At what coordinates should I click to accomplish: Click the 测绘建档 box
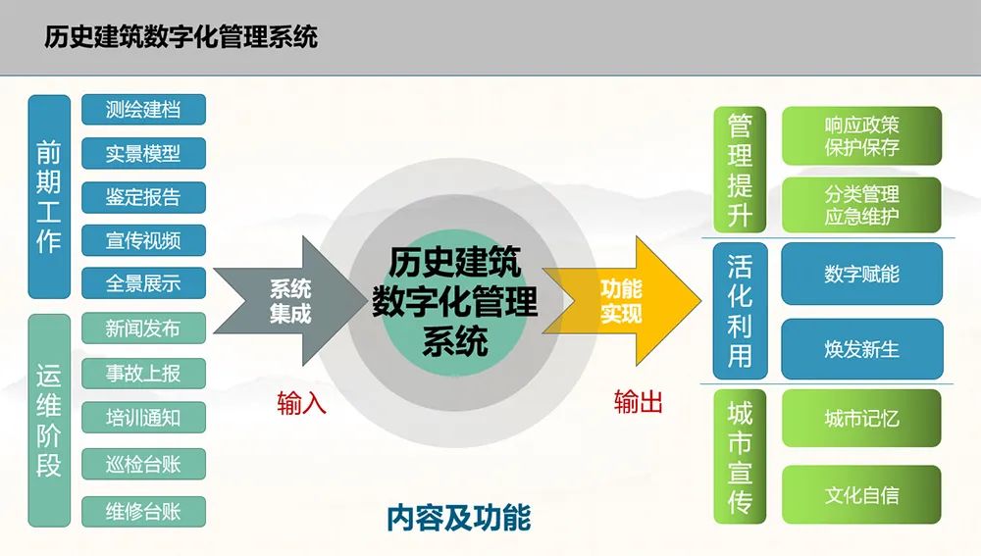(143, 109)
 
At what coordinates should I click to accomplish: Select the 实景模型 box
(143, 153)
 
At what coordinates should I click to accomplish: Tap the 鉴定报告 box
(143, 196)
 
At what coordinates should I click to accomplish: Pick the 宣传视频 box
(143, 240)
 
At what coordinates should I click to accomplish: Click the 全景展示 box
(143, 284)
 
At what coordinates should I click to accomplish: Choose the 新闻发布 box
(143, 329)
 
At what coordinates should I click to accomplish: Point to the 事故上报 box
(143, 373)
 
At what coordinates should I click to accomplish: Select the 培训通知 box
(143, 418)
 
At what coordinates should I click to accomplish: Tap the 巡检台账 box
(143, 462)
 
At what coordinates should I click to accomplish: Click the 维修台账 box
(143, 510)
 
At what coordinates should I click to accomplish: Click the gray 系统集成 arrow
(284, 301)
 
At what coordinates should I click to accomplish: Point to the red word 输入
(302, 402)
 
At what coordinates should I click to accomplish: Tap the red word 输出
(639, 402)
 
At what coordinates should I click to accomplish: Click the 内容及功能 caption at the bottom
(458, 517)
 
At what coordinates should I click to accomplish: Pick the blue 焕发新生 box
(861, 349)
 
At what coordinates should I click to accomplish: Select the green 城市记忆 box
(861, 419)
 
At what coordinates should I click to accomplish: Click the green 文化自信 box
(861, 495)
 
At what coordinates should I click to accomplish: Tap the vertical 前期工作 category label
(49, 196)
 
